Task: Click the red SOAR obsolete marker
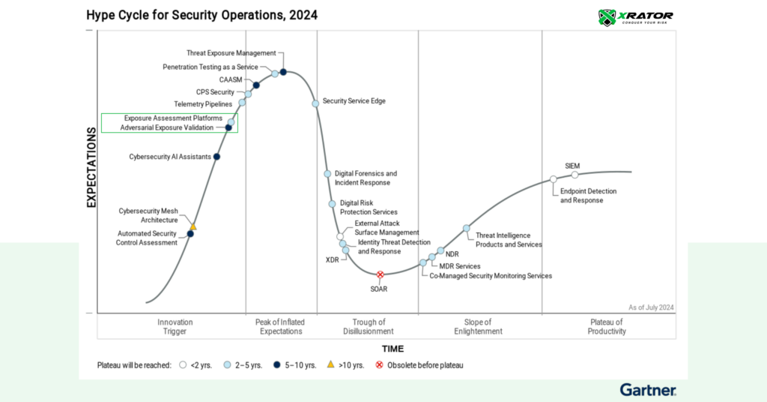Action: point(380,275)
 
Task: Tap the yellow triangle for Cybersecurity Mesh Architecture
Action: point(192,226)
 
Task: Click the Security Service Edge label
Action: point(354,101)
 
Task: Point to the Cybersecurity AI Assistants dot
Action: point(216,157)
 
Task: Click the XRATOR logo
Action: point(636,16)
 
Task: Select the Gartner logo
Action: point(648,389)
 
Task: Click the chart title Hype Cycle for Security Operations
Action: point(201,15)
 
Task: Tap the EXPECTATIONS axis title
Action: point(91,167)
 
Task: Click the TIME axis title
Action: point(392,349)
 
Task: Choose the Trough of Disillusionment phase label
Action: point(368,326)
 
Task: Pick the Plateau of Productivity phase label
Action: point(607,326)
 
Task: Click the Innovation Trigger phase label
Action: point(175,326)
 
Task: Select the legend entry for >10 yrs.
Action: point(346,365)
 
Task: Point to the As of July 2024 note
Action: point(650,307)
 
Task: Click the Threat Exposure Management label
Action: point(231,53)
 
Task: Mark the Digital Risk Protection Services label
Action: point(369,207)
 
